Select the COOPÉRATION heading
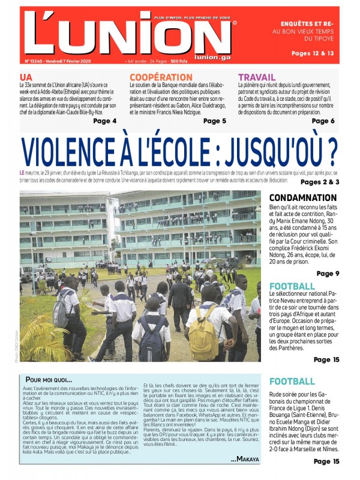tap(161, 77)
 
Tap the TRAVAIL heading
tap(257, 77)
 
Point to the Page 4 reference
tap(105, 121)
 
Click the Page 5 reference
tap(215, 121)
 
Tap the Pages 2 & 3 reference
tap(320, 182)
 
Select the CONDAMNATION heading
tap(303, 198)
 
